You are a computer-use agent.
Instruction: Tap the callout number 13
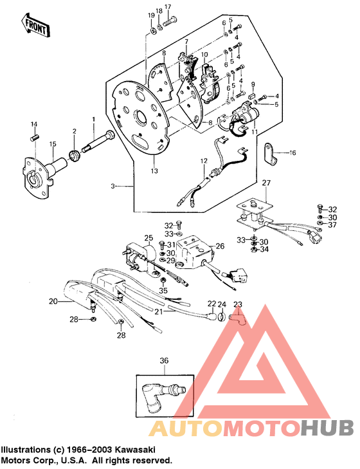154,171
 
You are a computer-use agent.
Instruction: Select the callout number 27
265,183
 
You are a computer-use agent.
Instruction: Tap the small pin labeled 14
35,135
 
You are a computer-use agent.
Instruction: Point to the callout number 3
113,185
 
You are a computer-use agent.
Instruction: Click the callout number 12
203,160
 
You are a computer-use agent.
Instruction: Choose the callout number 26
219,246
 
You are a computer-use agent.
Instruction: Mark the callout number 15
35,143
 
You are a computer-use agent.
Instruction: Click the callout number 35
163,291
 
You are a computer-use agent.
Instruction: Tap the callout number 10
204,55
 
